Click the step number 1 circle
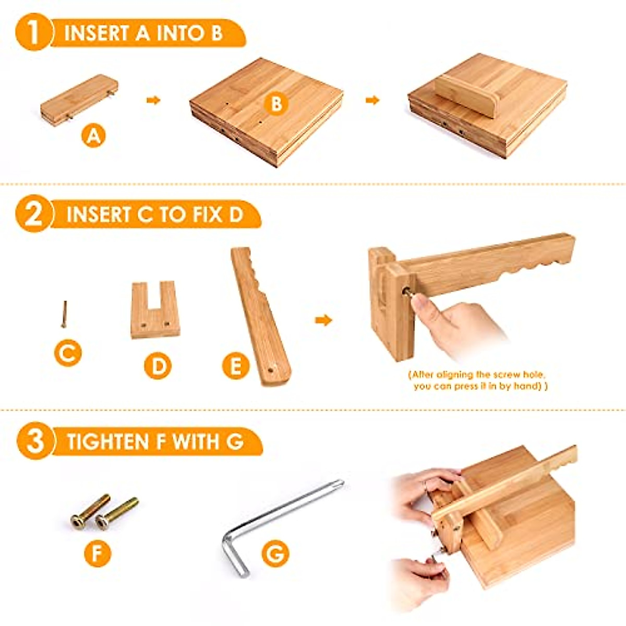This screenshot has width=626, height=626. (x=33, y=32)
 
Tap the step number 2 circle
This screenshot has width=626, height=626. (x=33, y=214)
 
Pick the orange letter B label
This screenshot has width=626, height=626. (x=276, y=104)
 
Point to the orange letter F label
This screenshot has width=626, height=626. (x=98, y=553)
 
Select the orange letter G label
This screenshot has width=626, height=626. (x=275, y=553)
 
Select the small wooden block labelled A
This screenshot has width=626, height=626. (x=79, y=100)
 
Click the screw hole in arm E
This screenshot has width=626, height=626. (x=272, y=369)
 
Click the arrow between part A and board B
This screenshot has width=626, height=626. (x=153, y=100)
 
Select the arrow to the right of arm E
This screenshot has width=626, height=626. (x=323, y=320)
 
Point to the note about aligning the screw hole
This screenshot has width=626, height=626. (x=480, y=380)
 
